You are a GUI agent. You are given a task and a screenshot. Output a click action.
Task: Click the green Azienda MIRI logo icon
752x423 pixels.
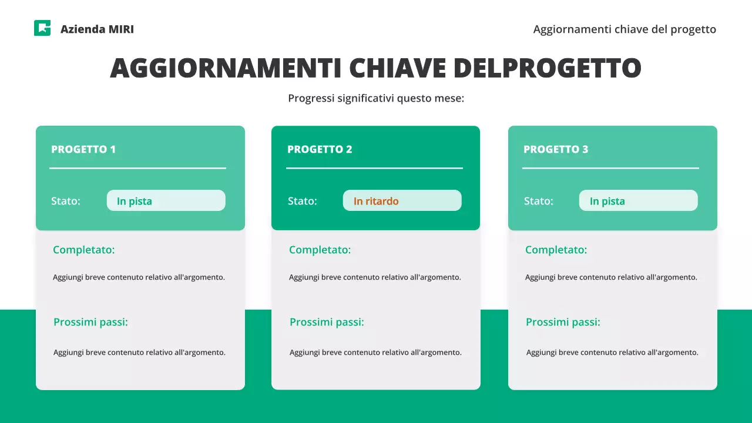[42, 28]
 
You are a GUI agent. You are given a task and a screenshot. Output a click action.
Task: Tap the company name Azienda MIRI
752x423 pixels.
[97, 29]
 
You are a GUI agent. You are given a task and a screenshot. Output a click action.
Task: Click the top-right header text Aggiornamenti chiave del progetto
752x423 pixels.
[625, 29]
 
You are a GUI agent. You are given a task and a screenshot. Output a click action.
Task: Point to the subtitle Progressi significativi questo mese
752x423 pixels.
[376, 98]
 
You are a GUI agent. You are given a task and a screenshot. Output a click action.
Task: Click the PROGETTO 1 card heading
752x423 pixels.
[83, 149]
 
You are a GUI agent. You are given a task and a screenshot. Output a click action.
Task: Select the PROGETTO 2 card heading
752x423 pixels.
[320, 149]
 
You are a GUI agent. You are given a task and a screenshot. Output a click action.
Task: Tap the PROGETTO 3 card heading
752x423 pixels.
[556, 149]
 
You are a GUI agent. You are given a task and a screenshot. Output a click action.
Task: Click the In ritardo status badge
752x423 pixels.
[402, 201]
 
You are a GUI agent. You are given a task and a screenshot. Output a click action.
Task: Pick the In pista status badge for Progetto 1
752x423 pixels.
[166, 201]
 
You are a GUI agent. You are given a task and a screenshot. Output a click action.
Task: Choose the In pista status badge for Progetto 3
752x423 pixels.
[638, 201]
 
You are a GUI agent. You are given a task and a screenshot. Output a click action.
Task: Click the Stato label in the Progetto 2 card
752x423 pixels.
[302, 201]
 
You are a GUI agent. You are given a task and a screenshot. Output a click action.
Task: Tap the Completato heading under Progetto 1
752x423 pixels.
[84, 250]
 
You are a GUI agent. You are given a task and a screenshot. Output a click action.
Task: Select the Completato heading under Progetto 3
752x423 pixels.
[556, 250]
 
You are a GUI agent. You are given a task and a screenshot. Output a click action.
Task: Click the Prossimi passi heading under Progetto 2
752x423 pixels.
[327, 322]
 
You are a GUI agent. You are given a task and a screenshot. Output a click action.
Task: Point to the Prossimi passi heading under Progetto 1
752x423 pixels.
[90, 322]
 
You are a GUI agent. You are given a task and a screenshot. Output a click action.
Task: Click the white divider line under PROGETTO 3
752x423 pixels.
[610, 168]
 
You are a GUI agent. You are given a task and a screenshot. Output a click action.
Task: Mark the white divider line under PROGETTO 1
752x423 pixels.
[137, 168]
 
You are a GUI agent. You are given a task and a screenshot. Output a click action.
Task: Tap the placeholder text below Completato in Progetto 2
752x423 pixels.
[375, 277]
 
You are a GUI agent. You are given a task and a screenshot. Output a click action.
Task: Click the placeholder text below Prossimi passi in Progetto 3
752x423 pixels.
[612, 352]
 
